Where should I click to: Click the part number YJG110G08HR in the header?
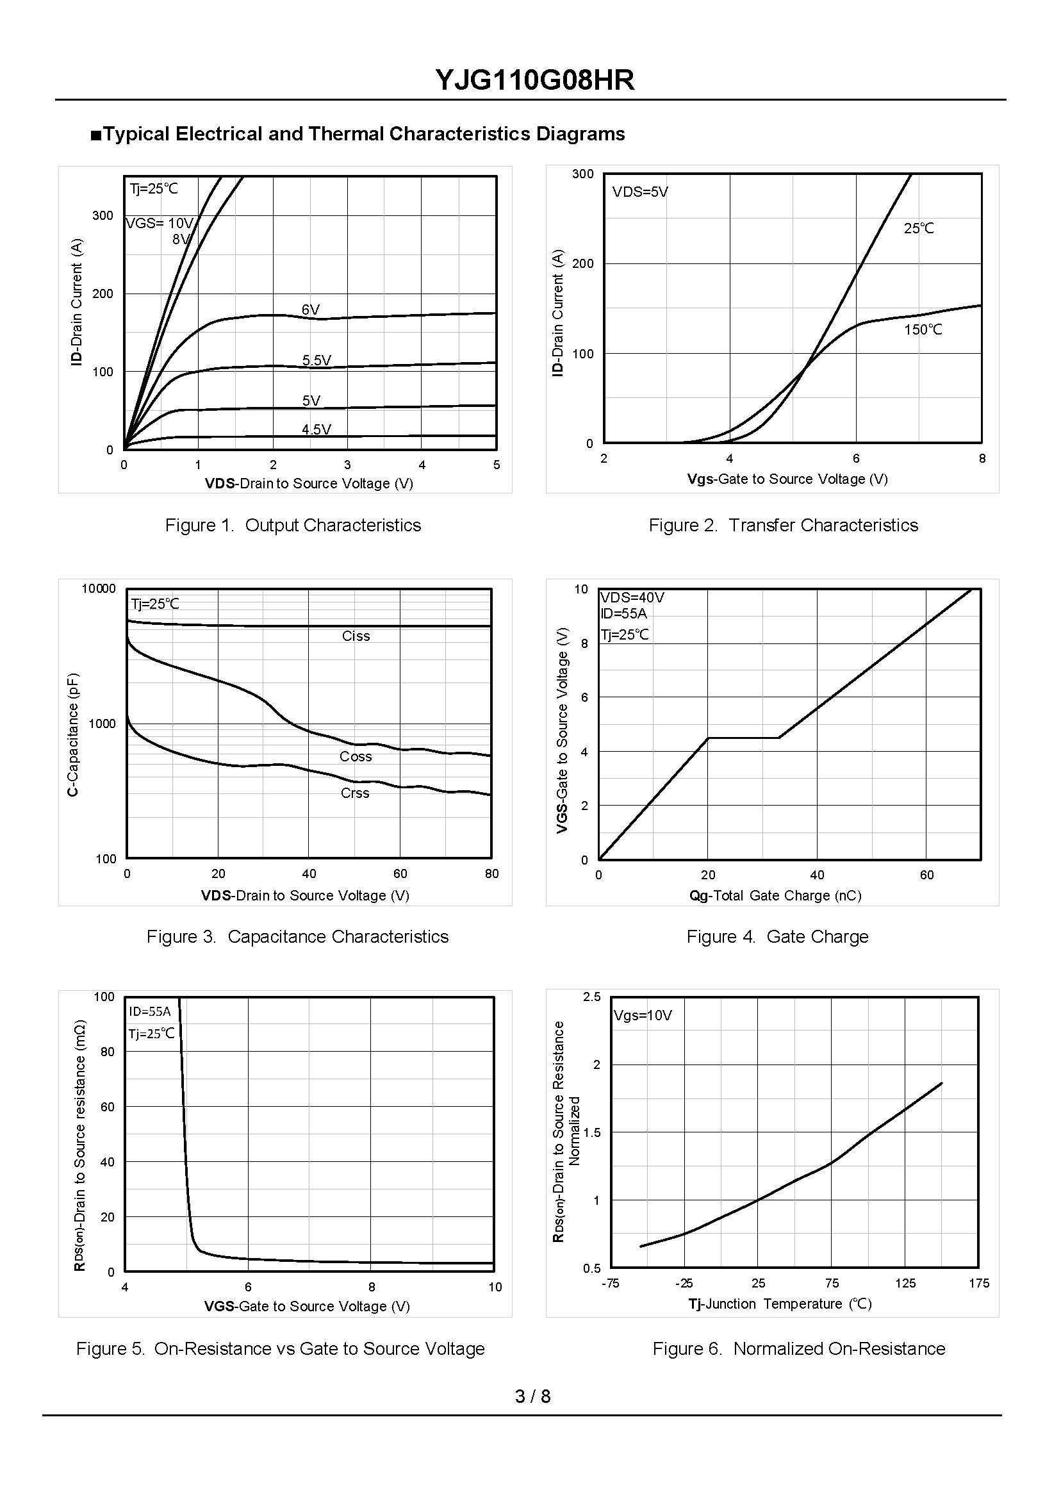(x=534, y=80)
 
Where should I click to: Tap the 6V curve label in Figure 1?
(x=311, y=310)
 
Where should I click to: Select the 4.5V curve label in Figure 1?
(x=317, y=429)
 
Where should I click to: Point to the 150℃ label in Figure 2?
(x=923, y=330)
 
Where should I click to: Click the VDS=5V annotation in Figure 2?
(x=639, y=192)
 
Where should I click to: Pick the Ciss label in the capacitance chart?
(x=356, y=636)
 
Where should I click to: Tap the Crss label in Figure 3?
(x=355, y=793)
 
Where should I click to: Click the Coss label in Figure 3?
(x=356, y=757)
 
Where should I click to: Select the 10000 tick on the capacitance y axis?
(x=99, y=589)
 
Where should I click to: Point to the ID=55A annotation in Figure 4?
(x=624, y=613)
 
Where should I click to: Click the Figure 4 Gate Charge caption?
(x=777, y=937)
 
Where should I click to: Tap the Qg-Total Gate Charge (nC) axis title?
(x=775, y=896)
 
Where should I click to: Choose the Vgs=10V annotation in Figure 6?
(x=642, y=1015)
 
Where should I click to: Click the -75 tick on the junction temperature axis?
(x=610, y=1284)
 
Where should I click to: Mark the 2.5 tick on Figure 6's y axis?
(x=592, y=997)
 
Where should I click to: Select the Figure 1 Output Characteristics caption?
(x=293, y=526)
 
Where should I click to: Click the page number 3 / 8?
(x=532, y=1396)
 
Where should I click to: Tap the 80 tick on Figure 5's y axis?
(x=107, y=1052)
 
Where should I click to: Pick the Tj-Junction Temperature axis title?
(x=780, y=1304)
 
